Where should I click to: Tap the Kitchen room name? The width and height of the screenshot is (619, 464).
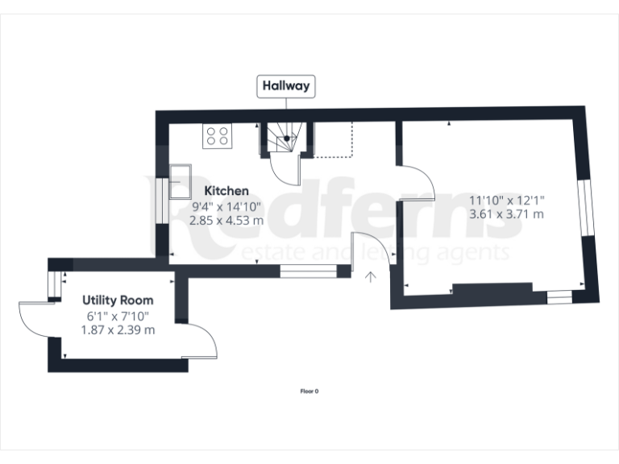click(x=226, y=191)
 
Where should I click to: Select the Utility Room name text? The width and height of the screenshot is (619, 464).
click(x=118, y=300)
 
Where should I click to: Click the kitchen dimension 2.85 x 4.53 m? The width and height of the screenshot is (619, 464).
click(x=226, y=218)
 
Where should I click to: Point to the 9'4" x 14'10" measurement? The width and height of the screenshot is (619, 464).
click(x=226, y=205)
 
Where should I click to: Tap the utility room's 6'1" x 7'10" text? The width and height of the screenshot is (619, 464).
click(x=118, y=316)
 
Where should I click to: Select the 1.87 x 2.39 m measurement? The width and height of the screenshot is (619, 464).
click(x=118, y=329)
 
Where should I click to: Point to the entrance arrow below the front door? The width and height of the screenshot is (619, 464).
click(x=371, y=278)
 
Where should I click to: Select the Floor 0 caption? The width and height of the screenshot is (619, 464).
click(x=309, y=391)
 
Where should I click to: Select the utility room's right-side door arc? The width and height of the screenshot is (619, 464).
click(x=201, y=338)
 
